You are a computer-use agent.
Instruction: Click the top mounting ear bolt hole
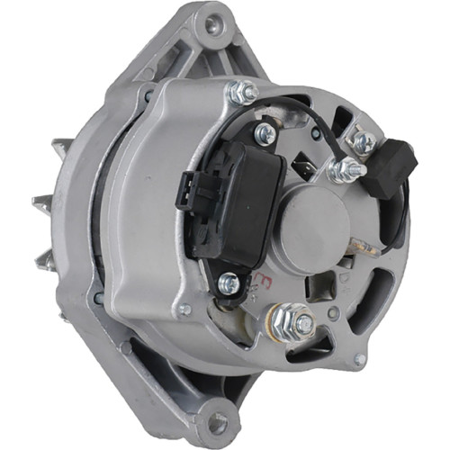212,25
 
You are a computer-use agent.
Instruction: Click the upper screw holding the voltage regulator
265,135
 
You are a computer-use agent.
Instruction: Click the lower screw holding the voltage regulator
229,282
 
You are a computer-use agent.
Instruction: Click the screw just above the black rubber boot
363,140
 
